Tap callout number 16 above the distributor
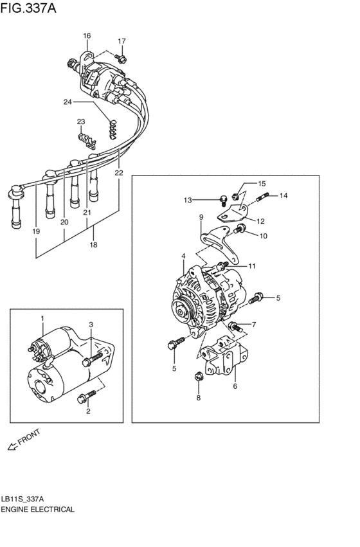[x=87, y=35]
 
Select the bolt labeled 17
[x=123, y=58]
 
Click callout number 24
[x=67, y=102]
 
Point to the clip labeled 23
[x=84, y=139]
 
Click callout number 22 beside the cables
[x=118, y=173]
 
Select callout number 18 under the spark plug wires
[x=94, y=245]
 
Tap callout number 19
[x=36, y=231]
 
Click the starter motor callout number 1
[x=42, y=319]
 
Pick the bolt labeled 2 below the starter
[x=82, y=398]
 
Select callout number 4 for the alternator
[x=183, y=256]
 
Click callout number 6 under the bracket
[x=235, y=386]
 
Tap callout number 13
[x=188, y=200]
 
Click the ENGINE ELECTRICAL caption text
[x=38, y=509]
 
